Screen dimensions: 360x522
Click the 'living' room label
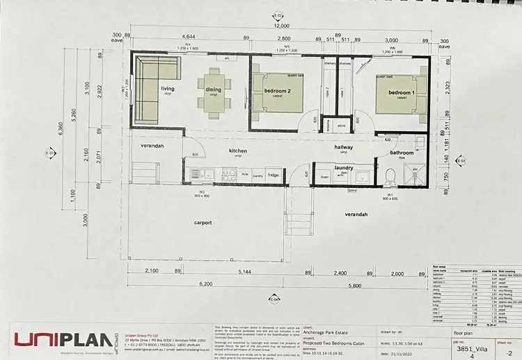168,88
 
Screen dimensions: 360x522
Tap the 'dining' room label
213,89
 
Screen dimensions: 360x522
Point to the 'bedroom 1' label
402,93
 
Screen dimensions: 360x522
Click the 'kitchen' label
239,151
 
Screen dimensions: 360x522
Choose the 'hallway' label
343,148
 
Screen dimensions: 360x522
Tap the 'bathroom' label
402,152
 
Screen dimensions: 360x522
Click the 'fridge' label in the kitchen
274,175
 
